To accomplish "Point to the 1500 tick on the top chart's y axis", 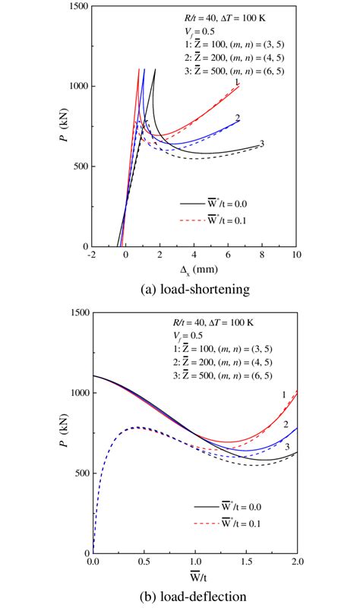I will pyautogui.click(x=74, y=6).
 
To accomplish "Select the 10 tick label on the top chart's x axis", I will pyautogui.click(x=297, y=255).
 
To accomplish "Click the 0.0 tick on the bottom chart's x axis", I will pyautogui.click(x=93, y=561).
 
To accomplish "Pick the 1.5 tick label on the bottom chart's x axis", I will pyautogui.click(x=246, y=561).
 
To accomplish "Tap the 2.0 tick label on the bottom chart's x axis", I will pyautogui.click(x=297, y=561).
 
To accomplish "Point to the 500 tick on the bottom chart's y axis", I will pyautogui.click(x=76, y=473).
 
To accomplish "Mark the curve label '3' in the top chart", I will pyautogui.click(x=262, y=144).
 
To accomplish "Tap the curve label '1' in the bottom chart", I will pyautogui.click(x=283, y=394).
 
